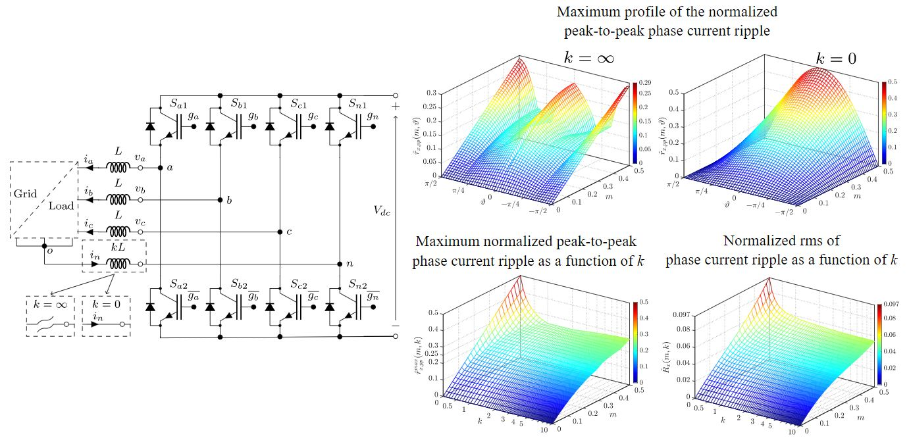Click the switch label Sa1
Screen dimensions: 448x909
tap(178, 103)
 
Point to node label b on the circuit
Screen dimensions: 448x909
tap(228, 200)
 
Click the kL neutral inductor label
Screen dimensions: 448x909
tap(117, 248)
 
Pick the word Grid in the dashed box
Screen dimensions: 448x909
tap(26, 194)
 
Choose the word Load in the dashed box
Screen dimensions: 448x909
tap(61, 206)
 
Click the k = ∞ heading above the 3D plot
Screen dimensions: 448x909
tap(589, 58)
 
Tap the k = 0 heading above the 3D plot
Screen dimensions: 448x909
tap(836, 58)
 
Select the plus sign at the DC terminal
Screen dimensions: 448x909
tap(396, 106)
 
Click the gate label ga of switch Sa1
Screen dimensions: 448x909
tap(193, 114)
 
